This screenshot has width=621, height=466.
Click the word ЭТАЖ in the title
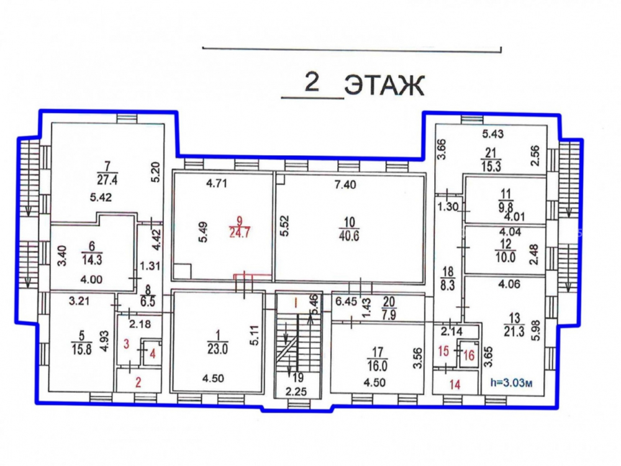point(384,85)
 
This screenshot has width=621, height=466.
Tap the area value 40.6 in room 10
point(349,236)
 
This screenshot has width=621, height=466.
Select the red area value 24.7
point(240,232)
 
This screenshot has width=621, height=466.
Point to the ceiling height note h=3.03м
point(511,383)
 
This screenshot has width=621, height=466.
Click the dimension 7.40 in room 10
point(345,185)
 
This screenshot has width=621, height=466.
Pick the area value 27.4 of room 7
point(107,181)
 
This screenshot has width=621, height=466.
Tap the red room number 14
point(455,385)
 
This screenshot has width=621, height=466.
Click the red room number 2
point(138,382)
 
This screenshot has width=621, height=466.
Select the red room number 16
point(469,355)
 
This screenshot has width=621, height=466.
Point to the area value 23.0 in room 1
point(217,350)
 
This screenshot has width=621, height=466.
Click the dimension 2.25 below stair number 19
point(296,391)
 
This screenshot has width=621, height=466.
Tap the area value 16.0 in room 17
point(377,366)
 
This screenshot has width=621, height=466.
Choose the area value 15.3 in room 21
point(491,167)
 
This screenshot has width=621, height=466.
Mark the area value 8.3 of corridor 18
point(448,285)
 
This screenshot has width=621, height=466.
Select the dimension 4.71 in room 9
point(216,183)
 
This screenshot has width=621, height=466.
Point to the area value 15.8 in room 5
point(81,350)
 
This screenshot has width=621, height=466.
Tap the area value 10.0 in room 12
point(505,257)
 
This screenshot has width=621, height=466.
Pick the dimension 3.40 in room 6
point(62,256)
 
